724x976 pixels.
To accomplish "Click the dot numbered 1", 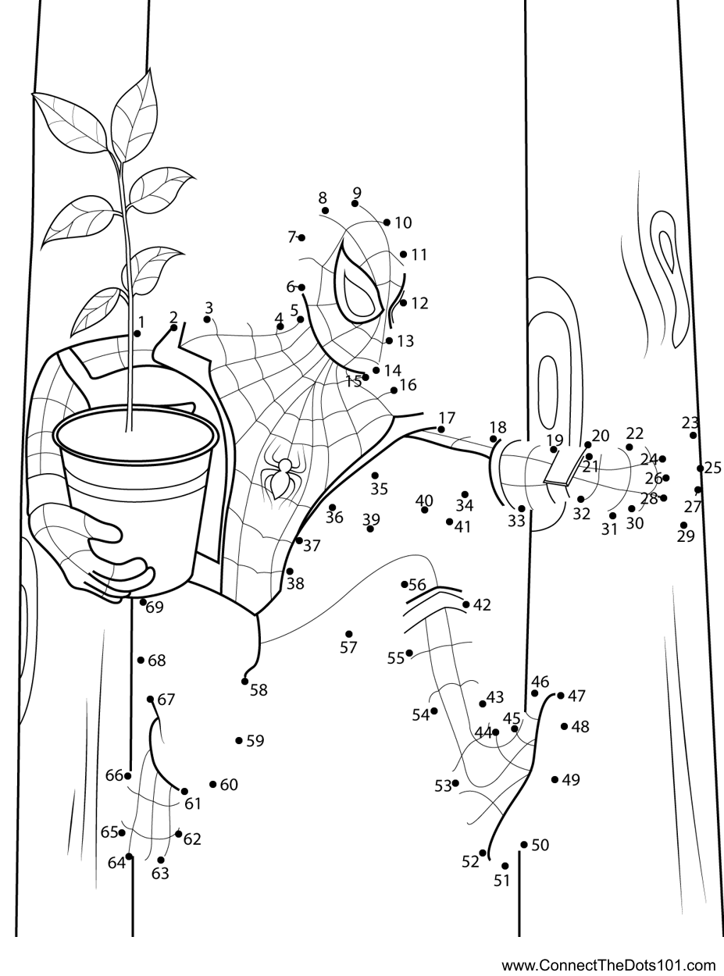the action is coord(137,334).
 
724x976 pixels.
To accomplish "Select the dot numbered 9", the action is coord(355,203).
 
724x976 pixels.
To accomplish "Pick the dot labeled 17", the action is coord(441,429).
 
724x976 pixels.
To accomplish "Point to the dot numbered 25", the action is coord(701,468).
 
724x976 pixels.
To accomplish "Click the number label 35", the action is coord(379,489).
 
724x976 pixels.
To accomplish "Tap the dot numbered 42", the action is coord(466,604).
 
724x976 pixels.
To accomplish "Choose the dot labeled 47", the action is coord(561,696).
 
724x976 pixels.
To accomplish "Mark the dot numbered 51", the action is coord(505,866).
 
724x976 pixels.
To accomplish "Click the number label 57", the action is coord(348,648).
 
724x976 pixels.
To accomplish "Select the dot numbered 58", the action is coord(245,682).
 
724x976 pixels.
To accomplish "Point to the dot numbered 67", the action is coord(150,700).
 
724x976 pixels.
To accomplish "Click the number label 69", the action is coord(155,607).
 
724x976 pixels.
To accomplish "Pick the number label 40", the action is coord(424,500).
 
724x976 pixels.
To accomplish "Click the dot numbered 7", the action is coord(301,237).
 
